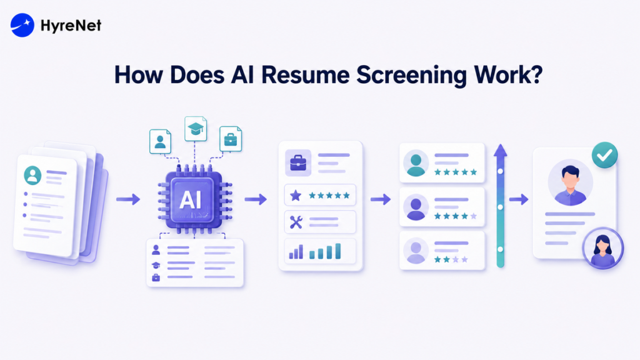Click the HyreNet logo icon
[x=22, y=25]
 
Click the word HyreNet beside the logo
[x=71, y=26]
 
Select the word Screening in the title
[x=411, y=76]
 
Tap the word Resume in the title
[x=305, y=75]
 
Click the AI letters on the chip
[x=191, y=200]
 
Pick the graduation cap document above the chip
[x=196, y=129]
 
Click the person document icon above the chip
[x=160, y=141]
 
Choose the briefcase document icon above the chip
[x=231, y=139]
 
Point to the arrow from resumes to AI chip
[x=128, y=199]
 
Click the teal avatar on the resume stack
[x=32, y=175]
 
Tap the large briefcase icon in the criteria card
[x=298, y=163]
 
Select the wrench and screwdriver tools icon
[x=296, y=222]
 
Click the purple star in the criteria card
[x=296, y=196]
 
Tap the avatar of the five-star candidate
[x=416, y=163]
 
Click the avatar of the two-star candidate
[x=416, y=251]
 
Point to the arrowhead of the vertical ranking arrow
[x=501, y=151]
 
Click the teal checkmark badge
[x=604, y=155]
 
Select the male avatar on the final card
[x=570, y=182]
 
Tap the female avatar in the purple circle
[x=603, y=248]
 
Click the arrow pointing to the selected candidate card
[x=519, y=199]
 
